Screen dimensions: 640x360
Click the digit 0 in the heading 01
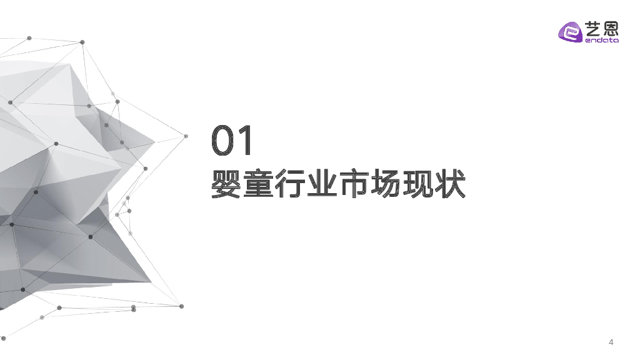(x=224, y=141)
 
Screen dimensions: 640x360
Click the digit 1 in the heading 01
(x=246, y=141)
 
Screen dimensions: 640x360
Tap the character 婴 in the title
(x=227, y=183)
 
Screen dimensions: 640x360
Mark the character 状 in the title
(x=449, y=183)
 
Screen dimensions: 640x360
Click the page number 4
(x=611, y=342)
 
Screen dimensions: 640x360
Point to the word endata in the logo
(x=601, y=41)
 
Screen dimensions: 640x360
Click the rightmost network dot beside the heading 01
(x=186, y=136)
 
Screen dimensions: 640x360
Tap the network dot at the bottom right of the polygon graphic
(x=181, y=306)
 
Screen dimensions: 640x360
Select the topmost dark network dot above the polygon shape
(x=82, y=42)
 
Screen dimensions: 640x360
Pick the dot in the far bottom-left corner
(x=3, y=338)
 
